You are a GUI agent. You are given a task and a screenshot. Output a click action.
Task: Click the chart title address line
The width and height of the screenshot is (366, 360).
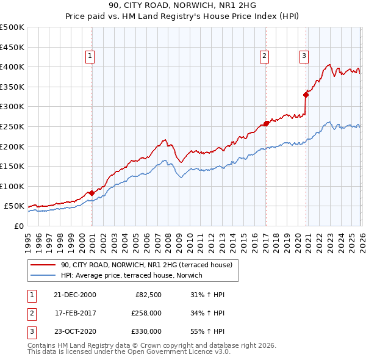[x=182, y=6]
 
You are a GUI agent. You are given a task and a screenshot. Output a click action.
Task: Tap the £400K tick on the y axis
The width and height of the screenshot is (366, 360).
[x=12, y=67]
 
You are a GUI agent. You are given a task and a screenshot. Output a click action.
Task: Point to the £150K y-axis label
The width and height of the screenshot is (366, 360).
[x=12, y=166]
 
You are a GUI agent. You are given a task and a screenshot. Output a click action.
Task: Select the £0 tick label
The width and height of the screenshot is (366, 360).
[x=18, y=226]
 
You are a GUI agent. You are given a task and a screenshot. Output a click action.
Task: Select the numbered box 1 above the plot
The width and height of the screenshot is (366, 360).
[x=90, y=56]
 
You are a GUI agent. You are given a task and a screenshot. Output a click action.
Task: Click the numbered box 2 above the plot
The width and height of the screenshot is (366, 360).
[x=265, y=56]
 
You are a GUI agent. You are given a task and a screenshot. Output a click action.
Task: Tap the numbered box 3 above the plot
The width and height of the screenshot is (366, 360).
[x=304, y=56]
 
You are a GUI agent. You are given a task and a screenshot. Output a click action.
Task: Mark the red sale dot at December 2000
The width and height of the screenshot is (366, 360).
[x=91, y=193]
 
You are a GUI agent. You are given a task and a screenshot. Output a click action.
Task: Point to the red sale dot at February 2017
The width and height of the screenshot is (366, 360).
[x=266, y=123]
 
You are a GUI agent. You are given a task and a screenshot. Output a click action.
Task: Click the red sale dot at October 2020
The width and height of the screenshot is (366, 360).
[x=306, y=95]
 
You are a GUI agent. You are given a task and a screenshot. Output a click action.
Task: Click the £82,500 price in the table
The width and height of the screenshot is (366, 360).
[x=148, y=295]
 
